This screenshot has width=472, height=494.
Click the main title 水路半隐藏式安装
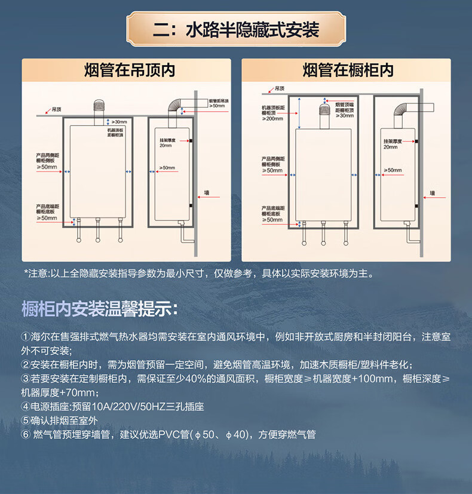[235, 29]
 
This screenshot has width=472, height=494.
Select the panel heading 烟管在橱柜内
[348, 70]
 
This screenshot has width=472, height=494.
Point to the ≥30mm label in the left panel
[120, 122]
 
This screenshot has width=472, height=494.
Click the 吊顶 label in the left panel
[57, 109]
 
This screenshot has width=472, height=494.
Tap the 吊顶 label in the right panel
[280, 88]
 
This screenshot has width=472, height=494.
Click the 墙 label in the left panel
[207, 193]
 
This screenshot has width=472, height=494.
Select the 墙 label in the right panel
[432, 193]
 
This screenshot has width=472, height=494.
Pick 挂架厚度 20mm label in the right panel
[391, 144]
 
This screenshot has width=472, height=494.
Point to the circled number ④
[25, 407]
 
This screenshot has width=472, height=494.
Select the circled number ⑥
[25, 434]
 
